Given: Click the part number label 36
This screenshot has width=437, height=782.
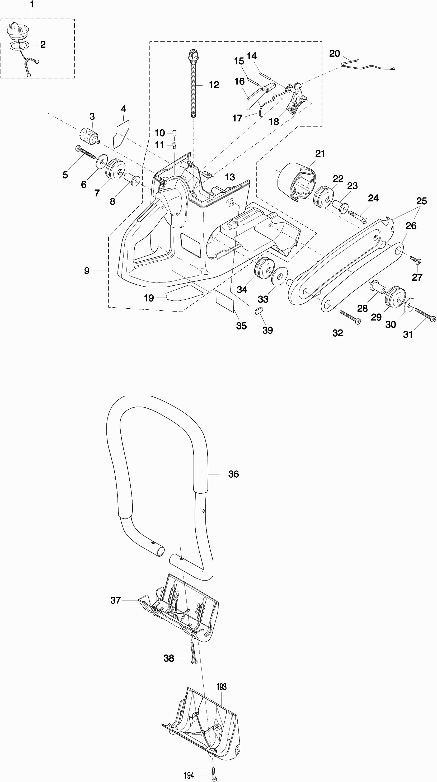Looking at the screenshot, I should (233, 474).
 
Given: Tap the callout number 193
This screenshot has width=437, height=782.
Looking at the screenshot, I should (221, 687).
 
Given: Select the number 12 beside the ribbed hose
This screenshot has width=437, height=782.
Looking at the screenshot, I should (214, 85).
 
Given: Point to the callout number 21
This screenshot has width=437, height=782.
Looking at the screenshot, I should (320, 154).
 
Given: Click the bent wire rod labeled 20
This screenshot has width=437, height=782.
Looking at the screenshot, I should (368, 65).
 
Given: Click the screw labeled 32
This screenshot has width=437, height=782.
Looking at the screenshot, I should (350, 317).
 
